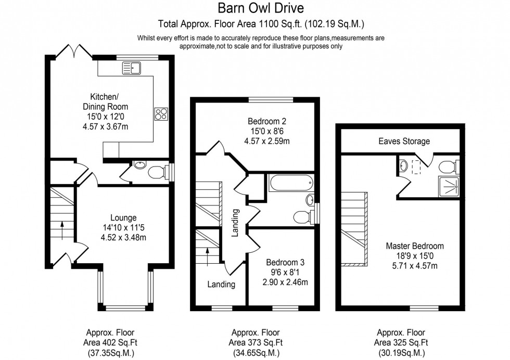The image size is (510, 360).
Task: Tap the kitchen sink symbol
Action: coord(132,67)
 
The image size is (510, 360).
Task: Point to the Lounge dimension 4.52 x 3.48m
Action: coord(123,238)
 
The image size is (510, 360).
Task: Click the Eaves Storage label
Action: coord(404,141)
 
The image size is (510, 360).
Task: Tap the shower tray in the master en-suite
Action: coord(450,185)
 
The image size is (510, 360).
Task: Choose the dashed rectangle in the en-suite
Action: coord(416,166)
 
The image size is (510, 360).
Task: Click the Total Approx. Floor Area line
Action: coord(261,23)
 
